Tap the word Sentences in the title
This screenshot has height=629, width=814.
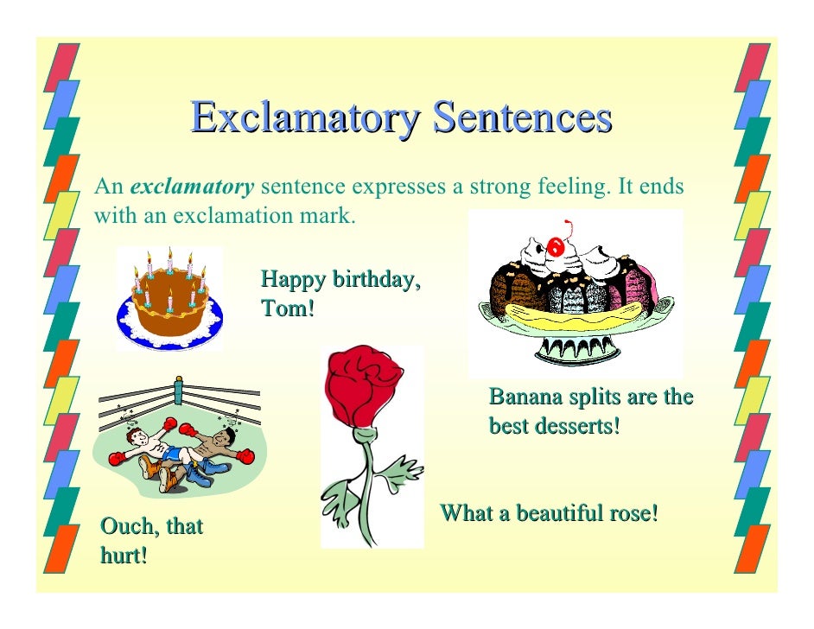[x=521, y=118]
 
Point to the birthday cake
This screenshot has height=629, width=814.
[x=170, y=298]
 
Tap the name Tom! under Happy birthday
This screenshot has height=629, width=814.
[x=287, y=308]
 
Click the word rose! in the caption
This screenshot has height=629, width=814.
[x=636, y=514]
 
